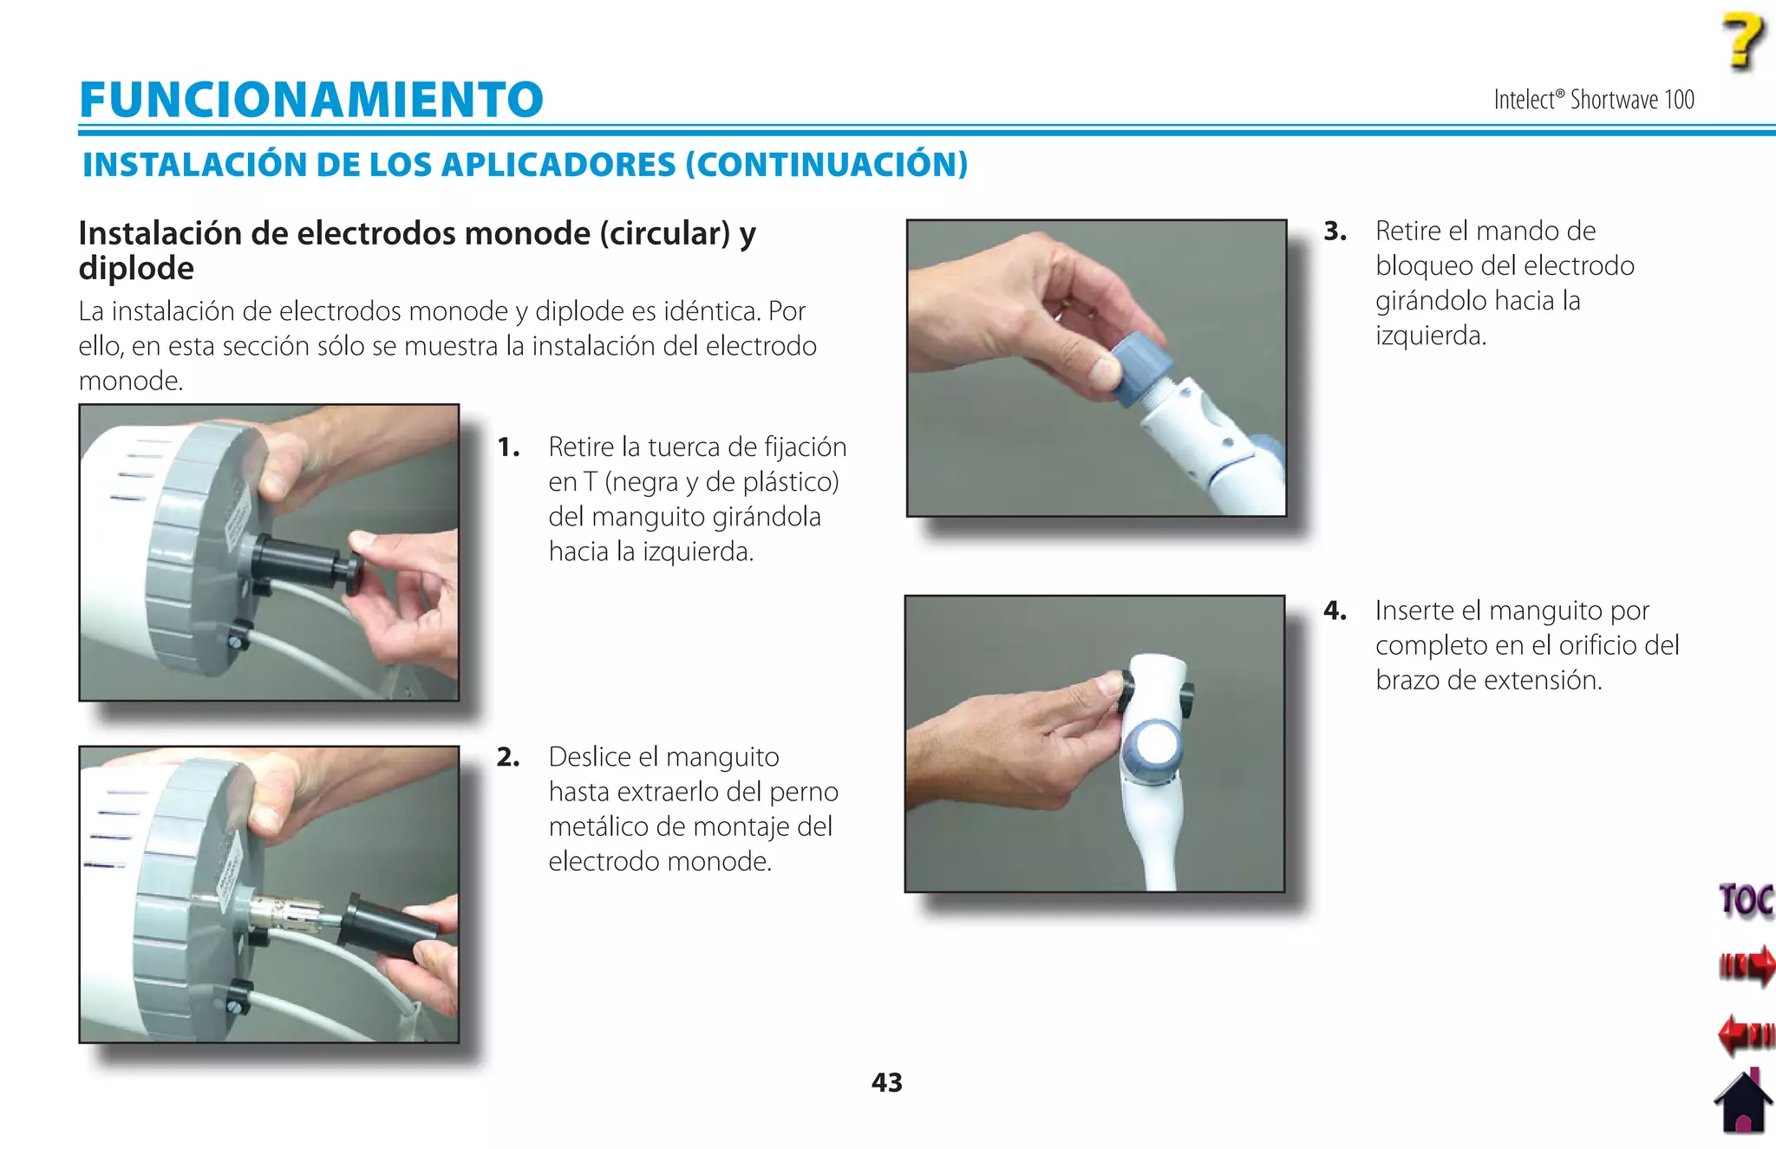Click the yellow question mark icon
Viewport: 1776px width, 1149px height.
(x=1742, y=41)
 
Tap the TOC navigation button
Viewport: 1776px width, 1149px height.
(x=1745, y=899)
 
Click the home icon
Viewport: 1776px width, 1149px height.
(x=1744, y=1103)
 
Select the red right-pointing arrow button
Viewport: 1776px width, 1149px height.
(x=1747, y=965)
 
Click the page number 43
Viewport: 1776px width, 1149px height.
(x=886, y=1082)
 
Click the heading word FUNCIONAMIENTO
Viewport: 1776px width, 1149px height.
(x=310, y=99)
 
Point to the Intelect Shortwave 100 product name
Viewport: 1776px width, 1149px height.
(x=1593, y=100)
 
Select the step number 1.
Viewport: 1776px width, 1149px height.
(x=508, y=447)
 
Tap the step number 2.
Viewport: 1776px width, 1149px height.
(x=508, y=757)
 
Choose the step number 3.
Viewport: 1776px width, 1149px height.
(x=1335, y=231)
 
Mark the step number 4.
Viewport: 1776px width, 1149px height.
(x=1335, y=610)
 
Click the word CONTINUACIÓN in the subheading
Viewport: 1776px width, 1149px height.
(x=826, y=165)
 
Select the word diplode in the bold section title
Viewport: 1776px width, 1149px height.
(x=136, y=268)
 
